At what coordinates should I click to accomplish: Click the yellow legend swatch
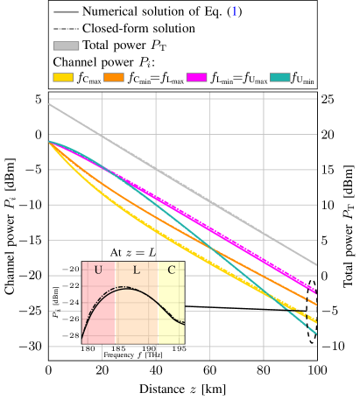coord(63,77)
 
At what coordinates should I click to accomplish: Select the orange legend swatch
coord(114,77)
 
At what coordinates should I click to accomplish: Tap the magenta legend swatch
coord(196,77)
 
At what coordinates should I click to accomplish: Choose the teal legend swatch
coord(280,77)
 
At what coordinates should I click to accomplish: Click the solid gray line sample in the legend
coord(66,12)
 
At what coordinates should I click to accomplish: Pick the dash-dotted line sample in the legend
coord(66,29)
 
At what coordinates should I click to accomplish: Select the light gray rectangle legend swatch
coord(66,46)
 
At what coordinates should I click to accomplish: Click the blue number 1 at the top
coord(234,11)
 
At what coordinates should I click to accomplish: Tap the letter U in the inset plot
coord(98,270)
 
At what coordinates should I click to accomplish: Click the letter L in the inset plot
coord(136,270)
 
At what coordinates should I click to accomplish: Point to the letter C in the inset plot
coord(171,270)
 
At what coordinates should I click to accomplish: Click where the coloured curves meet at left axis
coord(49,141)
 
